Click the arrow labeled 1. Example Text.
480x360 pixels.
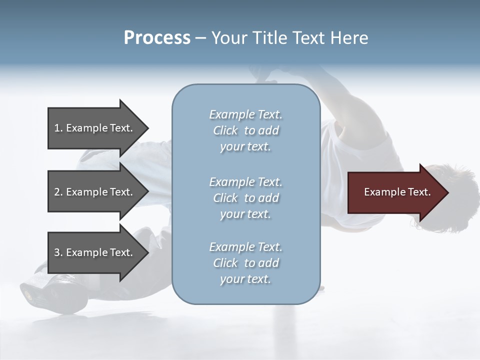[x=93, y=128]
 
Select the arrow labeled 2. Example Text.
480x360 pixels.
[x=93, y=192]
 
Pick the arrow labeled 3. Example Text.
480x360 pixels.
[x=93, y=252]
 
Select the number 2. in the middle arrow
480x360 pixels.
[x=58, y=192]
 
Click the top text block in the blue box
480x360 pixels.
[x=245, y=130]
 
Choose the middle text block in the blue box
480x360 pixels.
[x=245, y=198]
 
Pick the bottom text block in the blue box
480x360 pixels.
[x=245, y=263]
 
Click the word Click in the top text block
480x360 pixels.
[x=225, y=130]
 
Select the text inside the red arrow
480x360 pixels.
[x=397, y=192]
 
